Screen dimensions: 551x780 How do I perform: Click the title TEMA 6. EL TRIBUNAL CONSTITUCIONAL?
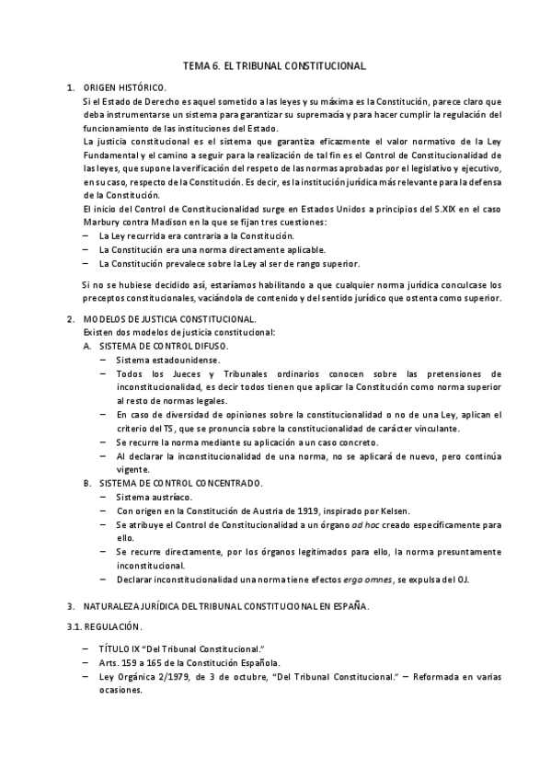[x=275, y=66]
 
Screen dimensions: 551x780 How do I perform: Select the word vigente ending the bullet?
[x=134, y=468]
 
